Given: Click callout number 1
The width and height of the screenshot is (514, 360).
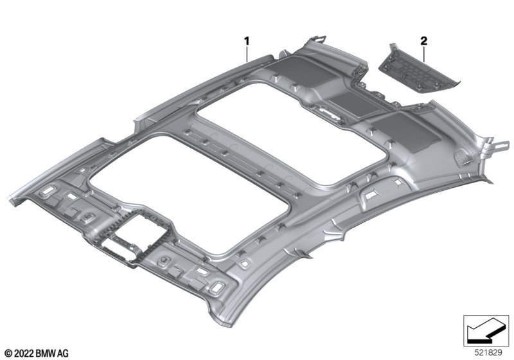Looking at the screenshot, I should tap(246, 41).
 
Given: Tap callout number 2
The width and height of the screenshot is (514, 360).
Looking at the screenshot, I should tap(423, 41).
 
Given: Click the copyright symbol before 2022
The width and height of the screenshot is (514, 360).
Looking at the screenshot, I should tap(7, 353).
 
